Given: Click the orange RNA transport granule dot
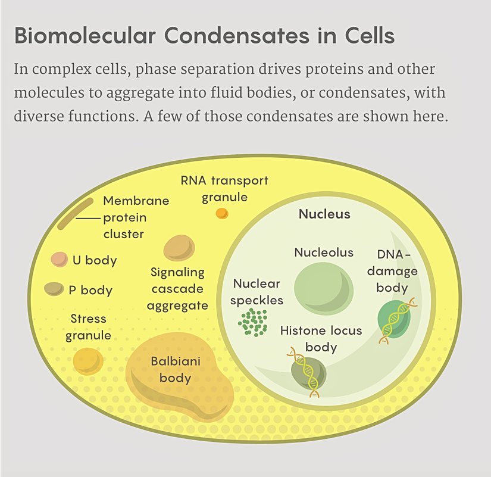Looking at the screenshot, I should tap(221, 213).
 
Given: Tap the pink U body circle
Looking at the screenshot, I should tap(59, 259).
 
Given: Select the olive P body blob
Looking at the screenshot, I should tap(54, 289).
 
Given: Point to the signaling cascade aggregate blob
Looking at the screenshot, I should tap(179, 248).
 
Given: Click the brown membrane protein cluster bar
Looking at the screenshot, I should tap(75, 213).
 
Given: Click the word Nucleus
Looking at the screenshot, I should tap(324, 214).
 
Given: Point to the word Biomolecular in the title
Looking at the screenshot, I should tap(85, 36).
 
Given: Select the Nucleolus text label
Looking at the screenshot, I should tap(324, 252).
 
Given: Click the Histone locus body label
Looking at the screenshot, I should tap(321, 338).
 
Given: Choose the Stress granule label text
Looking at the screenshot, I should tap(88, 327).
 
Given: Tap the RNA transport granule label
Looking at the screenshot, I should tap(224, 188).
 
